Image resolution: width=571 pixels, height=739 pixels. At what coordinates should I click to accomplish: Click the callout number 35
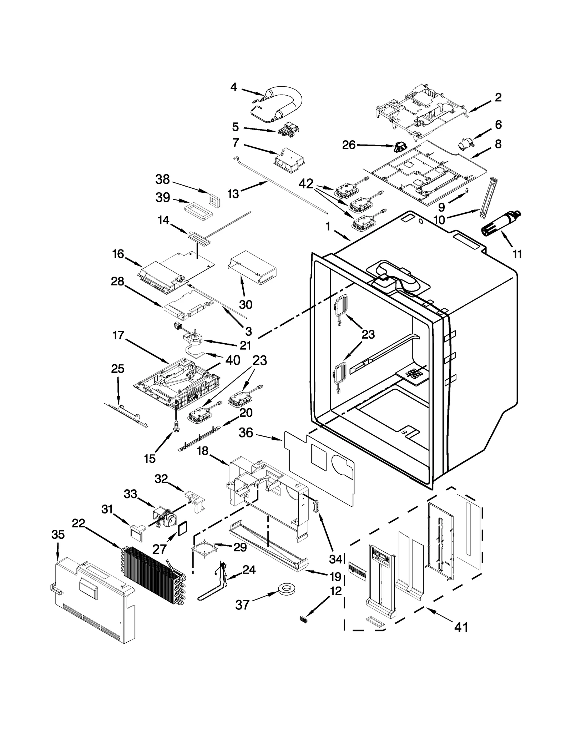(58, 535)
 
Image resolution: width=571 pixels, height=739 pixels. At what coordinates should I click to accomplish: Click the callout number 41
(461, 627)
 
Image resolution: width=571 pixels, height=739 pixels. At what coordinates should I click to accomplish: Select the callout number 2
(498, 97)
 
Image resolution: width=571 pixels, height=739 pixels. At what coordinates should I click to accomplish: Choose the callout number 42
(306, 184)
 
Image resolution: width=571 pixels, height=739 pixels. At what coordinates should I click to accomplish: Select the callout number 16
(118, 254)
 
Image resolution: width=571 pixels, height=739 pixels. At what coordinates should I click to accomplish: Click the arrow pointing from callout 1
(343, 235)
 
